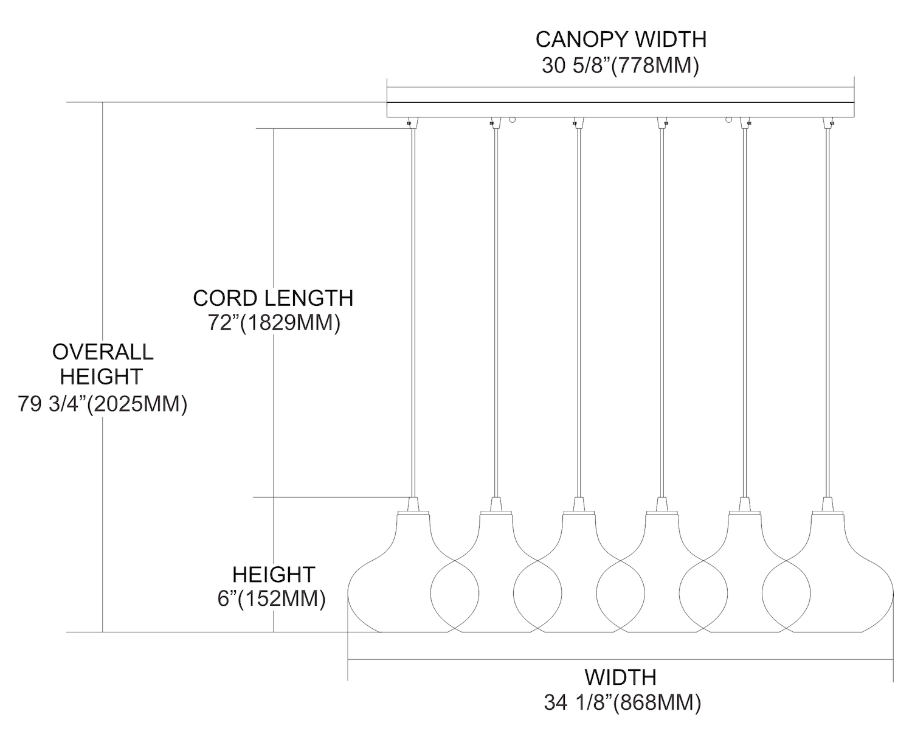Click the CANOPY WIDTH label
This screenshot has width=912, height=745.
pyautogui.click(x=621, y=39)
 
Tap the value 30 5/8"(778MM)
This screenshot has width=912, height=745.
pyautogui.click(x=621, y=65)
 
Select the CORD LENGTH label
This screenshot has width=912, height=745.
pyautogui.click(x=273, y=298)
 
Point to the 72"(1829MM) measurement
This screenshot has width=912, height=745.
pyautogui.click(x=274, y=323)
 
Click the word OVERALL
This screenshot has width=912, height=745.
pyautogui.click(x=103, y=352)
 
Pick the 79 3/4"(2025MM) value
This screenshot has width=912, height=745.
pyautogui.click(x=102, y=404)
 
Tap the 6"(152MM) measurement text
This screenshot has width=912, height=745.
pyautogui.click(x=271, y=599)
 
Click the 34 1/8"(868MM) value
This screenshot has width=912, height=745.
pyautogui.click(x=622, y=703)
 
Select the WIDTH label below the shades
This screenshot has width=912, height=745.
pyautogui.click(x=621, y=677)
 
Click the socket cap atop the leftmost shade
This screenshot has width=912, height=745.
pyautogui.click(x=413, y=504)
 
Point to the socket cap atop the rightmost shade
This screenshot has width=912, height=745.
pyautogui.click(x=827, y=504)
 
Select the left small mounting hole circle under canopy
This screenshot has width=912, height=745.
pyautogui.click(x=513, y=120)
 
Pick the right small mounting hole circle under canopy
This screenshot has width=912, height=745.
pyautogui.click(x=728, y=120)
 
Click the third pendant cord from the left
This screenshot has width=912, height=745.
pyautogui.click(x=579, y=304)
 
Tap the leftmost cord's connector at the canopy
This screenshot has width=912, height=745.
pyautogui.click(x=413, y=122)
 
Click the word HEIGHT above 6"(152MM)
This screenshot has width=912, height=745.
pyautogui.click(x=274, y=574)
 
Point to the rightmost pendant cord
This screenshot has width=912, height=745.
pyautogui.click(x=827, y=304)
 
